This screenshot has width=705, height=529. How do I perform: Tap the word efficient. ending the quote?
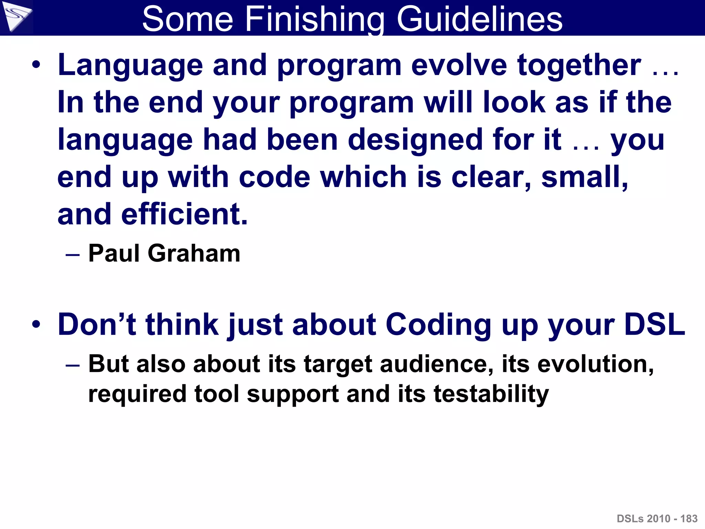pyautogui.click(x=184, y=214)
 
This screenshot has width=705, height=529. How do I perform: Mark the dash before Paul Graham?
pyautogui.click(x=73, y=255)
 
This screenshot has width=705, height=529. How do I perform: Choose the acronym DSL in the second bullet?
pyautogui.click(x=654, y=324)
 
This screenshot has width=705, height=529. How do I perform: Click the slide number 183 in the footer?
pyautogui.click(x=689, y=519)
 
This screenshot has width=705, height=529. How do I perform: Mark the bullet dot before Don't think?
pyautogui.click(x=36, y=325)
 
